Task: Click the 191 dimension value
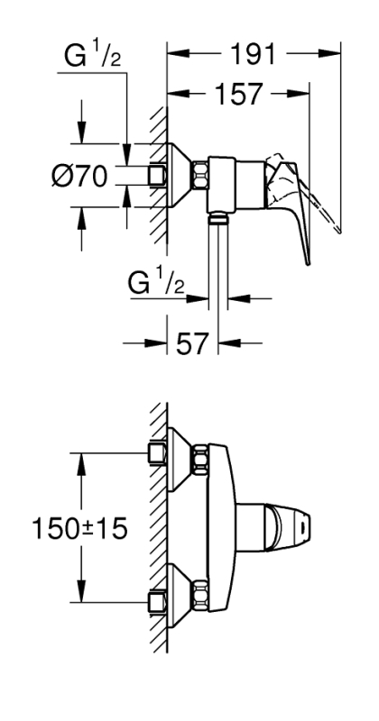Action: pos(253,54)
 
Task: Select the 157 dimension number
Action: pos(238,95)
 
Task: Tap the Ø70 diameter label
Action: pos(79,176)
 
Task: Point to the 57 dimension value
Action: pos(192,343)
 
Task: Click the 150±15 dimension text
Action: pos(79,529)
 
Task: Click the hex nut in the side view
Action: pos(199,175)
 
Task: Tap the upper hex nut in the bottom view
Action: pos(199,459)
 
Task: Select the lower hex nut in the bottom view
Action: pos(199,594)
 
